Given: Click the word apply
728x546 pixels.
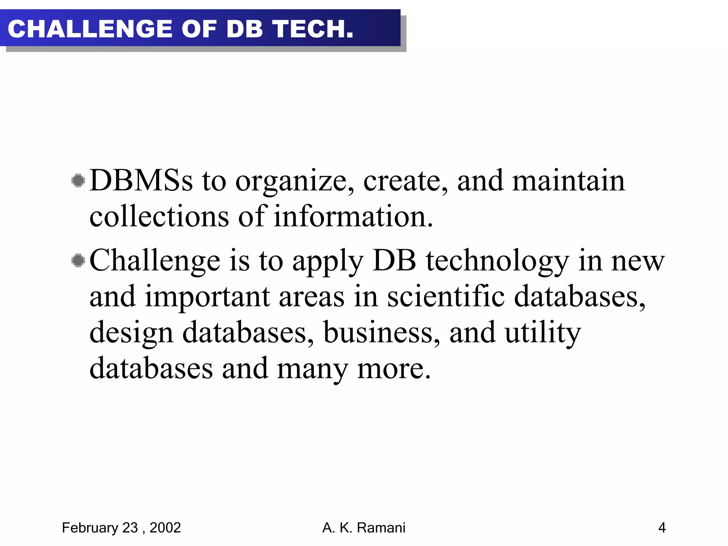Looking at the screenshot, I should coord(328,262).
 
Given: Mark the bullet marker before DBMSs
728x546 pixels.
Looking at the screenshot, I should coord(78,181).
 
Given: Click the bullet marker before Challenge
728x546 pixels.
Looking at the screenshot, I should coord(78,261).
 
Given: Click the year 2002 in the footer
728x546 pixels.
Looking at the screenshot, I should coord(165,528).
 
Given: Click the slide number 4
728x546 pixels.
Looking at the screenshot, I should coord(662,528).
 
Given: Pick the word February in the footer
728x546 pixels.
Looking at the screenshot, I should coord(90,528).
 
